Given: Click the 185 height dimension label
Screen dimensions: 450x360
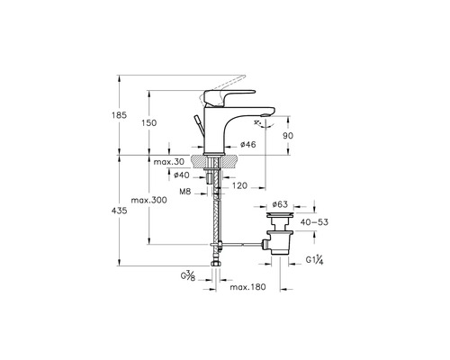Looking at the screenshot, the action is [x=120, y=115].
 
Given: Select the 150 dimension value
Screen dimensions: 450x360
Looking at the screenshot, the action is [x=149, y=122].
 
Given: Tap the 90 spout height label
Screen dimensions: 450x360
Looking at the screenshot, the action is [x=288, y=136].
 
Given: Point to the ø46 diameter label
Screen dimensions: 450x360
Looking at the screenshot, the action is [x=248, y=145].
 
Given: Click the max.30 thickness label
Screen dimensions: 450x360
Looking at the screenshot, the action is [x=169, y=162].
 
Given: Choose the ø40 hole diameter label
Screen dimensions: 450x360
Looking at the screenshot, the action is [x=182, y=175].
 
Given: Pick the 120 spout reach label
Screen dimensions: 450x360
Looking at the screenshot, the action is [x=239, y=185].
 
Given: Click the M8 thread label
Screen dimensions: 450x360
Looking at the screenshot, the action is [x=185, y=192].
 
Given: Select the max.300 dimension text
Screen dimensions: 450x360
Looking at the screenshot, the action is [x=148, y=200].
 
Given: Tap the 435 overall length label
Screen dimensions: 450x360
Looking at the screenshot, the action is [x=120, y=211].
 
